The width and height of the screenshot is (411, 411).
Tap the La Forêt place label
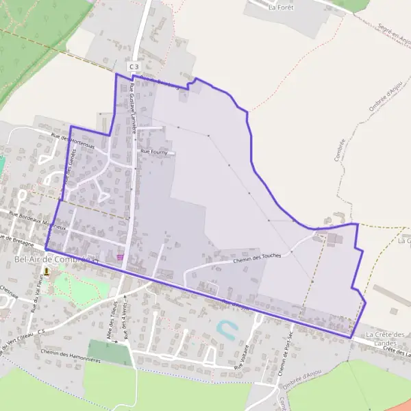[281, 8]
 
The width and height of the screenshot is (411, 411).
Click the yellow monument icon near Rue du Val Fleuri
[47, 272]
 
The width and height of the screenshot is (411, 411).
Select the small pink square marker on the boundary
[121, 257]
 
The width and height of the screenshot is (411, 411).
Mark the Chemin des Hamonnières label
[66, 352]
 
